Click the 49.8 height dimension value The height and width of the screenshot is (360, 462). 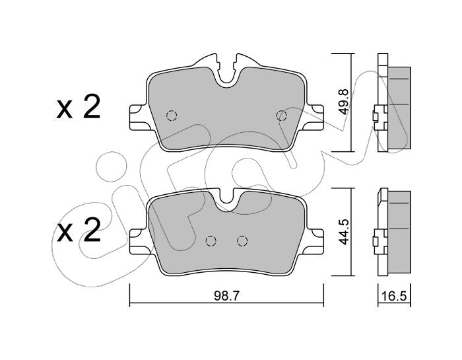344,102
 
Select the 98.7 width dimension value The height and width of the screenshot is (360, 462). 226,295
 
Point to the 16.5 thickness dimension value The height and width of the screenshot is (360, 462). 394,296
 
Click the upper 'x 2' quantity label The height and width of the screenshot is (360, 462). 79,107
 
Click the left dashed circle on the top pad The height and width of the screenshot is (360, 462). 172,116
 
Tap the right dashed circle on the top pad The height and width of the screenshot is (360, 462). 282,116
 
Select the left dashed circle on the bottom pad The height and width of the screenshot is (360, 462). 211,241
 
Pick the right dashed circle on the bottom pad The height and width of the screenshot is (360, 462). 242,241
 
